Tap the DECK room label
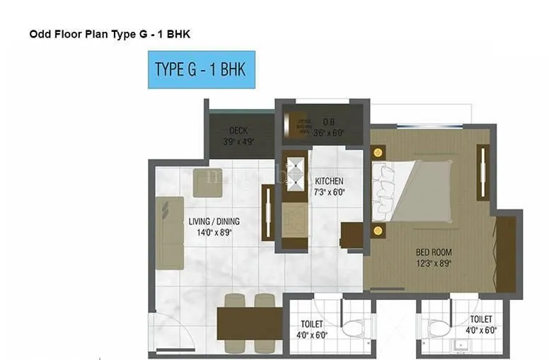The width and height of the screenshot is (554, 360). click(237, 131)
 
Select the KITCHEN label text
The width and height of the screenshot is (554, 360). click(329, 180)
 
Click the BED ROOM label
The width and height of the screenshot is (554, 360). click(433, 252)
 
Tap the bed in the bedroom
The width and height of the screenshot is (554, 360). click(417, 190)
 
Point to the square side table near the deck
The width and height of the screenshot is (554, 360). click(207, 182)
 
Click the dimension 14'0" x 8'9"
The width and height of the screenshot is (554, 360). click(211, 231)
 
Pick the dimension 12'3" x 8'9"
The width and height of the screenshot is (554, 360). click(433, 263)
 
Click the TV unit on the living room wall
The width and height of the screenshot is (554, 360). click(268, 213)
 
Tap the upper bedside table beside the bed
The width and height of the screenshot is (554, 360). click(378, 152)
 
